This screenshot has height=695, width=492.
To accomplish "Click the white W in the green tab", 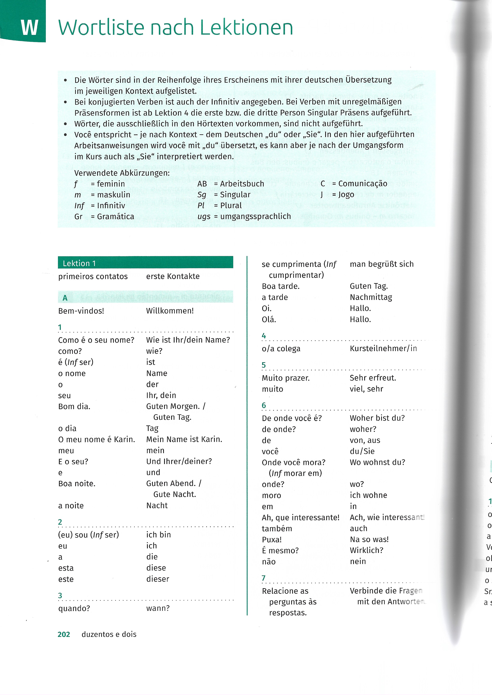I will pyautogui.click(x=29, y=28).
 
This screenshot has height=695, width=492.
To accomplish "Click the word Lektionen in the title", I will pyautogui.click(x=246, y=28).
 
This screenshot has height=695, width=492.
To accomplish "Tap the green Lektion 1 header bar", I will pyautogui.click(x=145, y=263).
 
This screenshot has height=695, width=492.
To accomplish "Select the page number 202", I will pyautogui.click(x=64, y=634).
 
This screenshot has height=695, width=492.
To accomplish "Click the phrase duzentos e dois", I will pyautogui.click(x=109, y=634).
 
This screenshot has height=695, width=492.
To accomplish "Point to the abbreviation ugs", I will pyautogui.click(x=204, y=216).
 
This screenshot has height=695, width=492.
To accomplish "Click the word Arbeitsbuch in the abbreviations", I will pyautogui.click(x=242, y=184).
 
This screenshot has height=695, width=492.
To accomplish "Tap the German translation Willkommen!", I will pyautogui.click(x=170, y=311).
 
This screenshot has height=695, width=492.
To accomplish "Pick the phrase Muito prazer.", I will pyautogui.click(x=285, y=378).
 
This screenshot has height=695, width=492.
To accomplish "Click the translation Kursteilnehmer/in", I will pyautogui.click(x=383, y=349).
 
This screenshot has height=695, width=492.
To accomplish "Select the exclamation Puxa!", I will pyautogui.click(x=272, y=540).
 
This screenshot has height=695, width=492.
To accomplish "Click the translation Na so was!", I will pyautogui.click(x=369, y=539).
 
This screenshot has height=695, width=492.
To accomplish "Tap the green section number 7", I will pyautogui.click(x=263, y=578).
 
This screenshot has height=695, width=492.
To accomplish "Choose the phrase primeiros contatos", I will pyautogui.click(x=93, y=276).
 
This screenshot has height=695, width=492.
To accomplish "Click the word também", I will pyautogui.click(x=277, y=529).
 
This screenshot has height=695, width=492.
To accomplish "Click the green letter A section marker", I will pyautogui.click(x=65, y=298).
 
